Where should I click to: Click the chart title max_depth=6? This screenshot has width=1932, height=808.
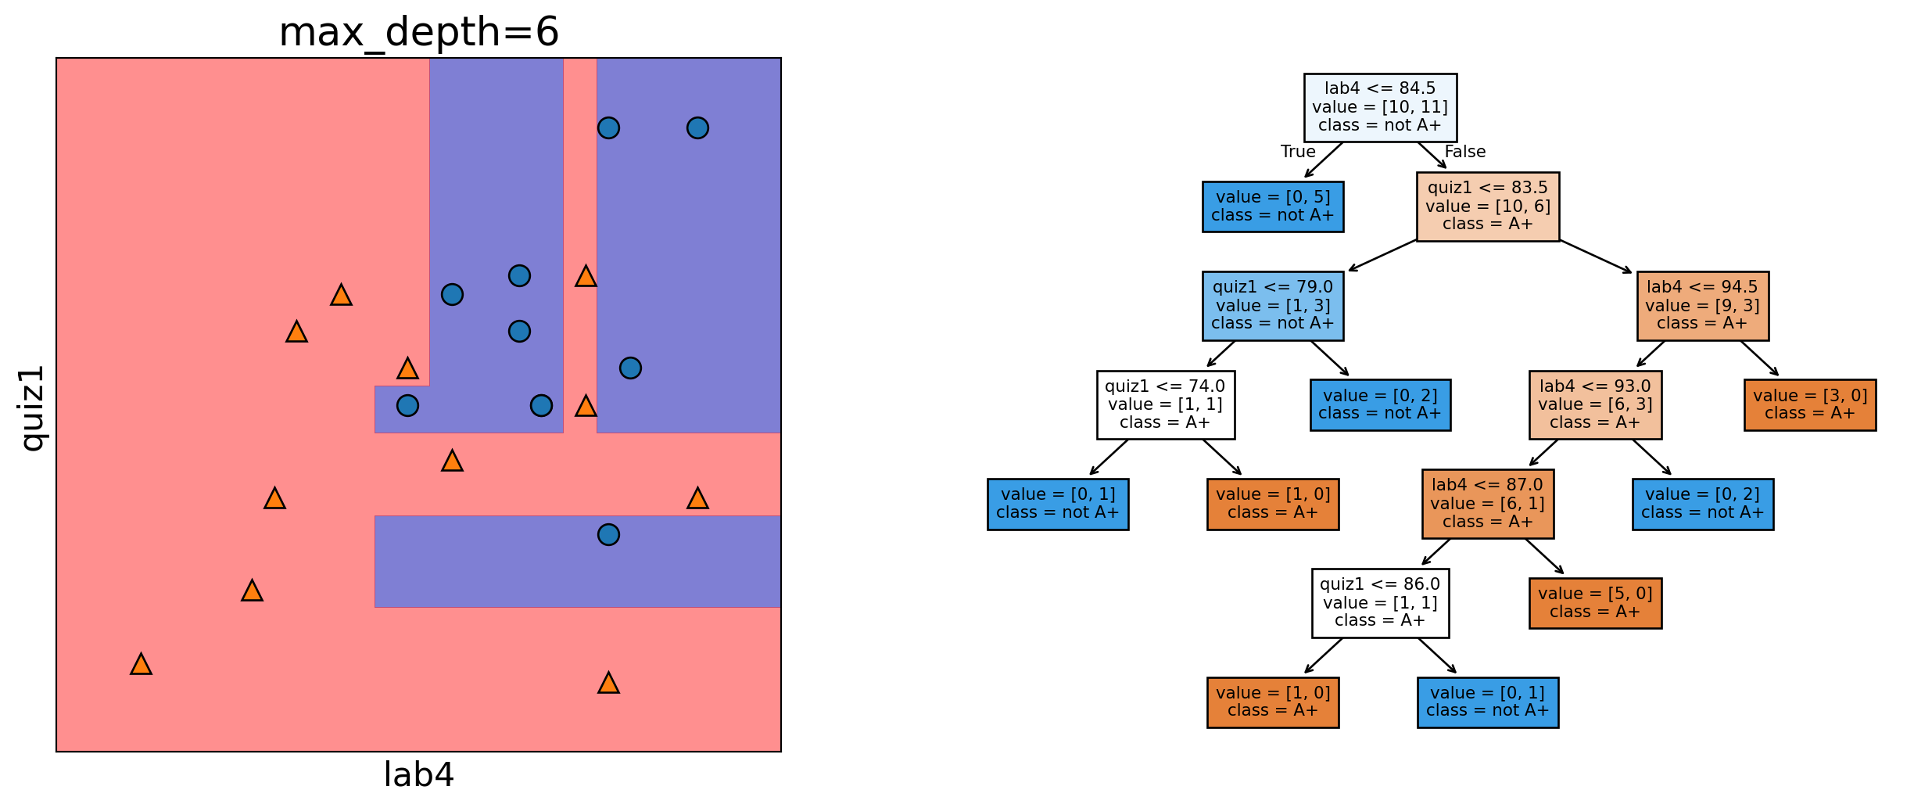pos(418,33)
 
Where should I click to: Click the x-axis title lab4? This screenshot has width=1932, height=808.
pos(418,775)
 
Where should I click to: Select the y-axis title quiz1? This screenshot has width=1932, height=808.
pos(33,408)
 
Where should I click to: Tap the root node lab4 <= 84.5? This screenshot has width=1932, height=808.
pos(1380,107)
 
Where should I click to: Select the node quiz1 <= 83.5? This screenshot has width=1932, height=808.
pos(1487,206)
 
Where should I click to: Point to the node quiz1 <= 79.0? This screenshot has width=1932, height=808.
pos(1272,306)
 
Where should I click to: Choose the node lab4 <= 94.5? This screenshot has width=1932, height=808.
pos(1702,306)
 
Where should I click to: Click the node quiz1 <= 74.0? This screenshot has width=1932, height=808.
pos(1165,404)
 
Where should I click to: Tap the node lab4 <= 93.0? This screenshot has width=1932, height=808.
pos(1595,404)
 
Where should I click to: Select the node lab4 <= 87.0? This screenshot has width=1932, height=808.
pos(1487,504)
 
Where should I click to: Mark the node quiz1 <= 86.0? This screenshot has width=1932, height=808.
pos(1380,603)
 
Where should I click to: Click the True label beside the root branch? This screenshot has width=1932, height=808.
pos(1298,152)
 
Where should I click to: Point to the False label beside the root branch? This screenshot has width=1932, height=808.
pos(1464,152)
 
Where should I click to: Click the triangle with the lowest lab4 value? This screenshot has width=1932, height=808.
pos(141,664)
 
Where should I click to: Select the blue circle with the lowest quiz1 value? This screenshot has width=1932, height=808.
pos(608,534)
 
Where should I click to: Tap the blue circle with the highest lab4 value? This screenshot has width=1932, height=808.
pos(697,127)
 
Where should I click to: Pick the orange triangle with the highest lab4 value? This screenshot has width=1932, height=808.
pos(697,498)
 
